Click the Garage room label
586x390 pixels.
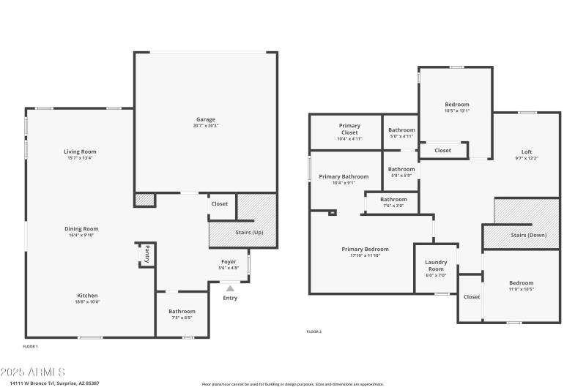205,119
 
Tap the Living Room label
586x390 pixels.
80,151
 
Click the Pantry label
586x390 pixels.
146,253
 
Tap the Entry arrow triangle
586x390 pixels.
230,289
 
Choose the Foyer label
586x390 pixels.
229,261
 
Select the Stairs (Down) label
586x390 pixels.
528,235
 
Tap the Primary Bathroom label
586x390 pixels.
344,176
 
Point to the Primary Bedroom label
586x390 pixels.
365,249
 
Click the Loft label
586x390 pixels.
527,151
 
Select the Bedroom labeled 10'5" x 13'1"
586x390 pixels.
456,105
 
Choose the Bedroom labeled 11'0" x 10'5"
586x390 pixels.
522,282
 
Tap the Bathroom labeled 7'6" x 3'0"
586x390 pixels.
393,199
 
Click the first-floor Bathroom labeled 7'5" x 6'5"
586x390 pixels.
182,311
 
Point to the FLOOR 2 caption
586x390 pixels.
314,331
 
